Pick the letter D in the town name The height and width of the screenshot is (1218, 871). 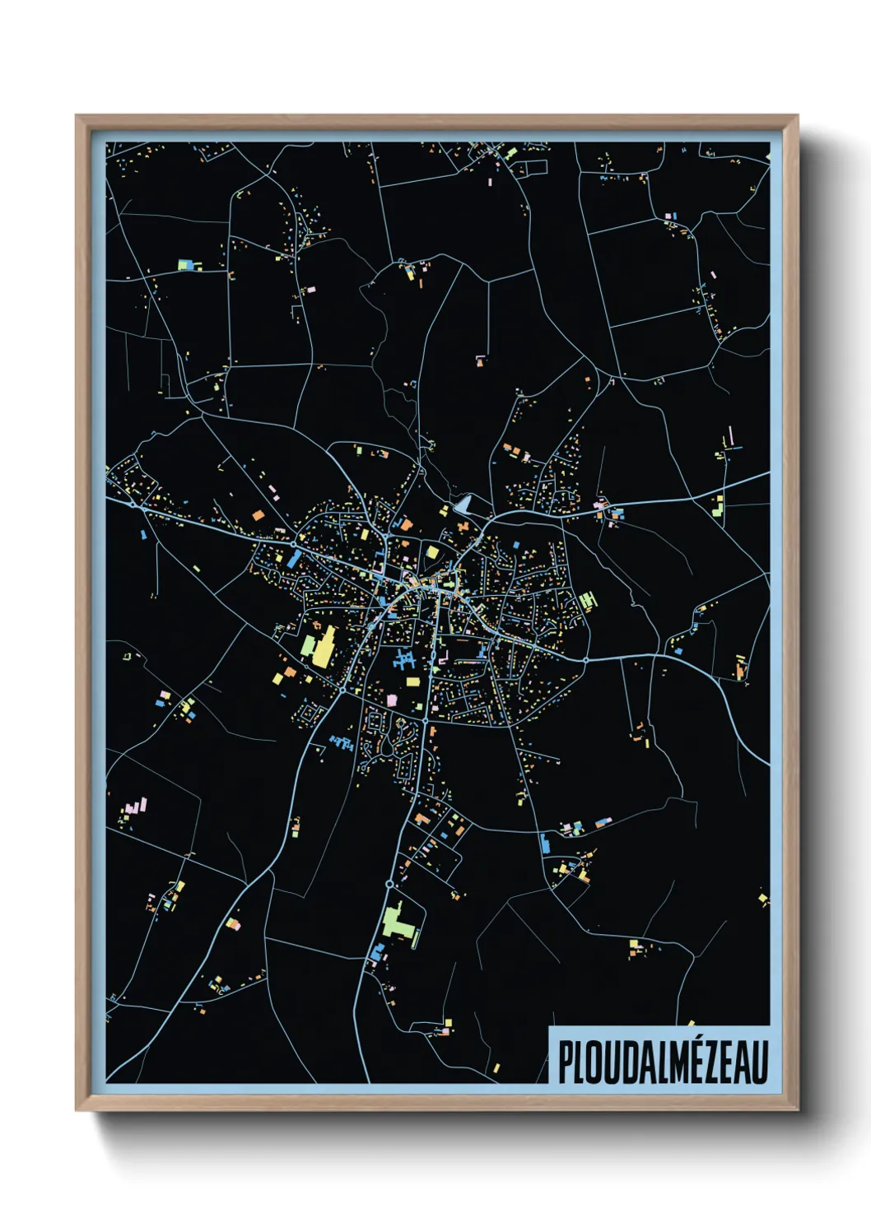tap(619, 1062)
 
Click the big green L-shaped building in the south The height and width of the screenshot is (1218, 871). tap(396, 923)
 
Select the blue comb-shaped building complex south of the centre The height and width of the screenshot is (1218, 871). tap(403, 659)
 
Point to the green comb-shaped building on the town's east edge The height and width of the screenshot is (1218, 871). tap(587, 601)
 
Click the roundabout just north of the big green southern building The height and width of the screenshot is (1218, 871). tap(389, 884)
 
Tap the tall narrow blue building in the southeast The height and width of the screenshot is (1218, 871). tap(544, 843)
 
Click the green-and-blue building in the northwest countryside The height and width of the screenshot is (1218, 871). tap(187, 265)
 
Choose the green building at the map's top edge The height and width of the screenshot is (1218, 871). tap(510, 153)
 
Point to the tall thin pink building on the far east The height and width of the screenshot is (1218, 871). tap(730, 435)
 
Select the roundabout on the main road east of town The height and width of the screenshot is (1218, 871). tap(585, 660)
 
